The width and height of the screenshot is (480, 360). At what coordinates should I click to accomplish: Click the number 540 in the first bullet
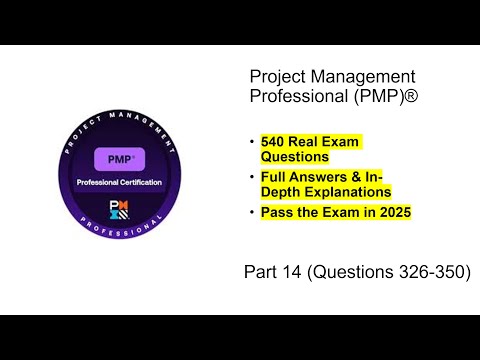[x=276, y=141]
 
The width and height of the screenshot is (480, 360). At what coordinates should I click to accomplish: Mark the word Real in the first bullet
[x=313, y=141]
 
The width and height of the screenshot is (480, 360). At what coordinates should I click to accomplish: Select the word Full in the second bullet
[x=276, y=176]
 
